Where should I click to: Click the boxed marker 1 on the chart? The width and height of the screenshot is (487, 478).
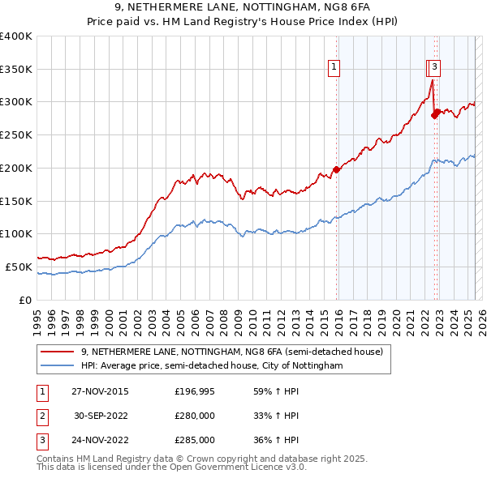[334, 67]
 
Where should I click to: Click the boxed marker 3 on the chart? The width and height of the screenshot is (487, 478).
[435, 67]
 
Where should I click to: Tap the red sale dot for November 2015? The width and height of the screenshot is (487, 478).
[336, 169]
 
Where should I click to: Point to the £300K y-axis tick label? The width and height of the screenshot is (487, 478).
[16, 102]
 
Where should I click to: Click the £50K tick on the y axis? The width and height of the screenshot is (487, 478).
[19, 267]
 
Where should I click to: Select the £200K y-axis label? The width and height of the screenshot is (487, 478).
[16, 168]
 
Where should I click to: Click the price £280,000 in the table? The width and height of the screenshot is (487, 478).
[195, 416]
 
